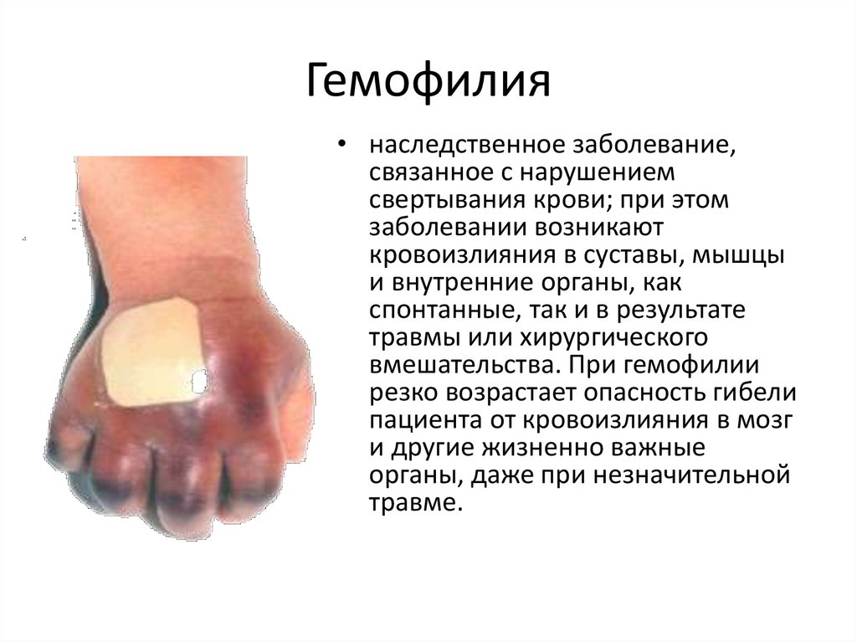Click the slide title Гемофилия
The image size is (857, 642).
click(428, 84)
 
